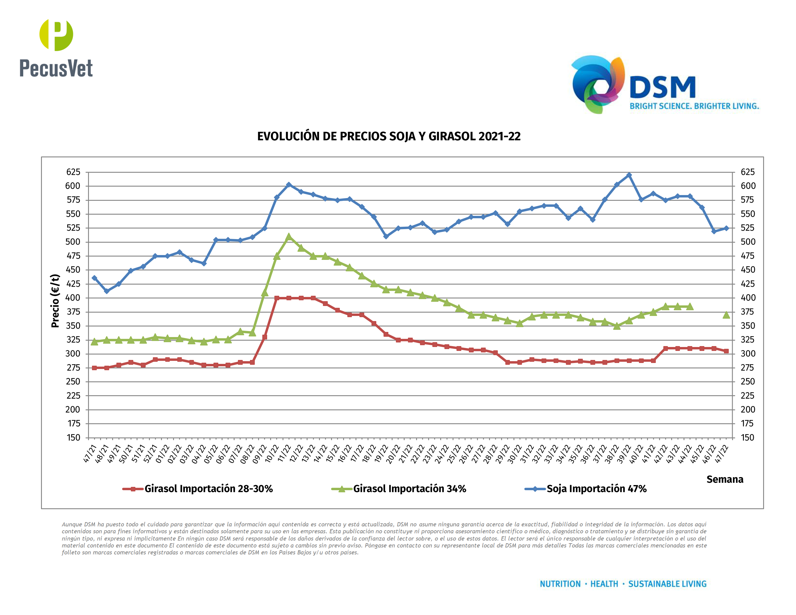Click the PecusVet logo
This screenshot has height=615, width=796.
coord(56,48)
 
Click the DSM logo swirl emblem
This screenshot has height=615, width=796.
coord(598,84)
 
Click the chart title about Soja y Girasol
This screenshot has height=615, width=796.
coord(389,136)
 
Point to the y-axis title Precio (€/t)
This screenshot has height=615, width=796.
coord(55,301)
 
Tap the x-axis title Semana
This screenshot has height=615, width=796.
coord(725,479)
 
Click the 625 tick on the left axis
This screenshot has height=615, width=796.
coord(73,172)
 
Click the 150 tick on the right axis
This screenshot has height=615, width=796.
coord(747,437)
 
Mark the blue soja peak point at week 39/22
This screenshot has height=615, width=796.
coord(629,175)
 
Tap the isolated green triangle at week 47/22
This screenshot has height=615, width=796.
coord(726,315)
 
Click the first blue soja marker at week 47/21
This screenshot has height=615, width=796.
coord(94,278)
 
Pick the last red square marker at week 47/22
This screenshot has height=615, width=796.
coord(726,351)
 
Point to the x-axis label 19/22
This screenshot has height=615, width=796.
coord(381,454)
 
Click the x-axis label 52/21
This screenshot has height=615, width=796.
coord(150,454)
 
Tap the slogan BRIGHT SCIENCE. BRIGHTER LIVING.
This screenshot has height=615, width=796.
coord(694,106)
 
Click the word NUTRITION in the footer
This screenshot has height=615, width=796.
coord(560,584)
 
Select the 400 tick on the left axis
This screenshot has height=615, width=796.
coord(73,298)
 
